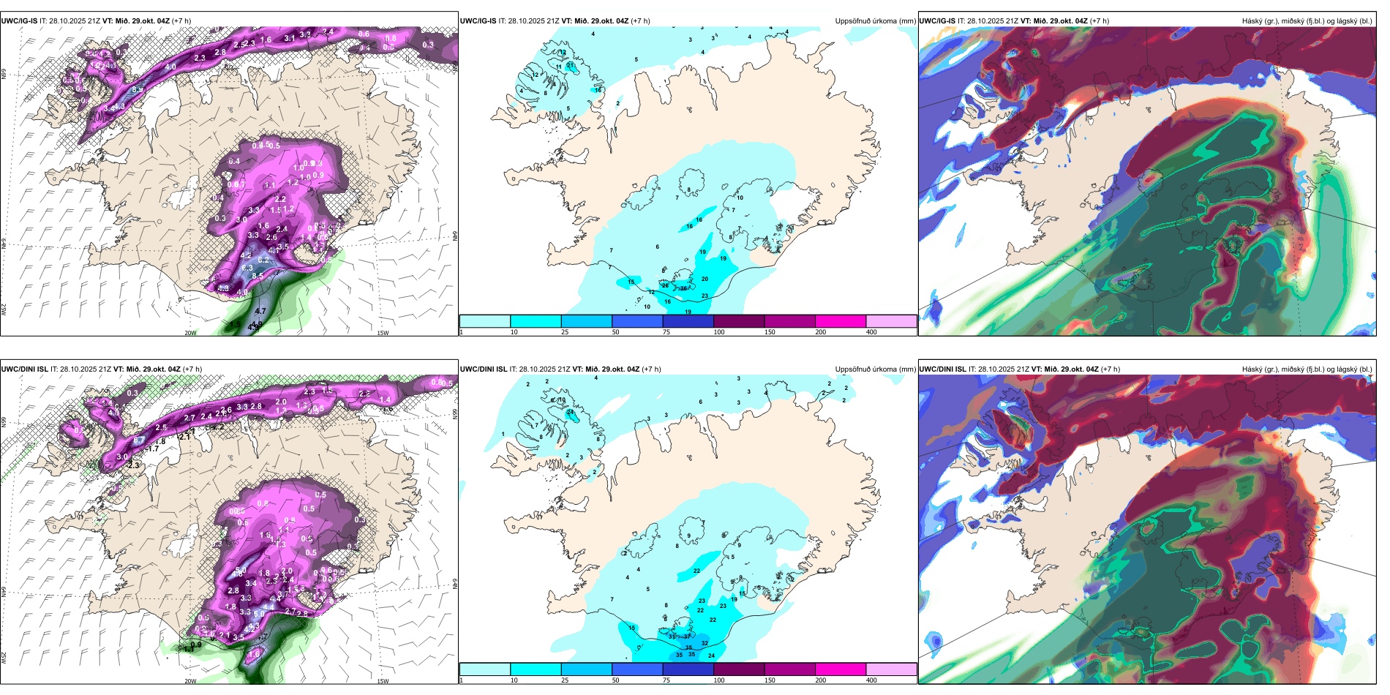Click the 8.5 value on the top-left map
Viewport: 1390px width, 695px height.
coord(258,276)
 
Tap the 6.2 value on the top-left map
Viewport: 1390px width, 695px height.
coord(263,260)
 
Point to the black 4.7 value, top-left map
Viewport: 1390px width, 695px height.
coord(260,311)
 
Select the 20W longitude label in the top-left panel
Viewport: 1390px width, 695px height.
coord(190,333)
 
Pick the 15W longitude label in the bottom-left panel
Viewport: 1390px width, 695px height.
coord(383,681)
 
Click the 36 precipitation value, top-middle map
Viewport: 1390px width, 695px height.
coord(683,288)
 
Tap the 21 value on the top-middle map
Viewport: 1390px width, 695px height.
coord(570,65)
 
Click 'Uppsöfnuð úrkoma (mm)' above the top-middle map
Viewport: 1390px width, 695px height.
coord(875,21)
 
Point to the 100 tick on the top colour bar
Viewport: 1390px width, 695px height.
coord(718,332)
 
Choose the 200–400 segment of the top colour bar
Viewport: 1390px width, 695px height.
coord(891,321)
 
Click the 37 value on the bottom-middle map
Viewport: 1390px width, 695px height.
coord(687,636)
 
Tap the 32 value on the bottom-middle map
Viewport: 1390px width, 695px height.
coord(705,644)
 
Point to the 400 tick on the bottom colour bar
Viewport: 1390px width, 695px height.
coord(871,680)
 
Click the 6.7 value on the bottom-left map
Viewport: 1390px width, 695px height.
coord(139,440)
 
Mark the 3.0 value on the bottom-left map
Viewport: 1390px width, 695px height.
coord(122,457)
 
